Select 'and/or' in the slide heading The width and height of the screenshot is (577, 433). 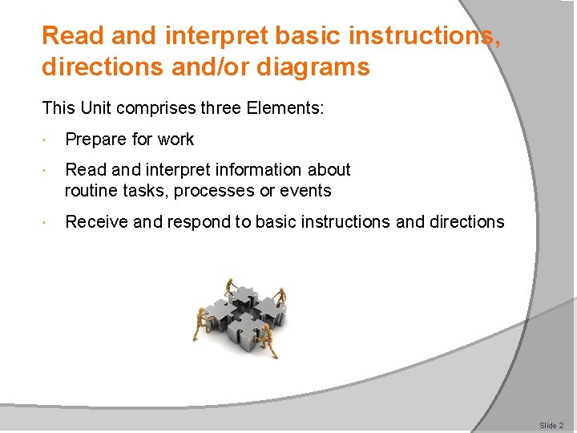(216, 67)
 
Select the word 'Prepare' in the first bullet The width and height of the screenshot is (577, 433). (95, 140)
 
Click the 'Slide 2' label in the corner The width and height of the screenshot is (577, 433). (551, 425)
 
